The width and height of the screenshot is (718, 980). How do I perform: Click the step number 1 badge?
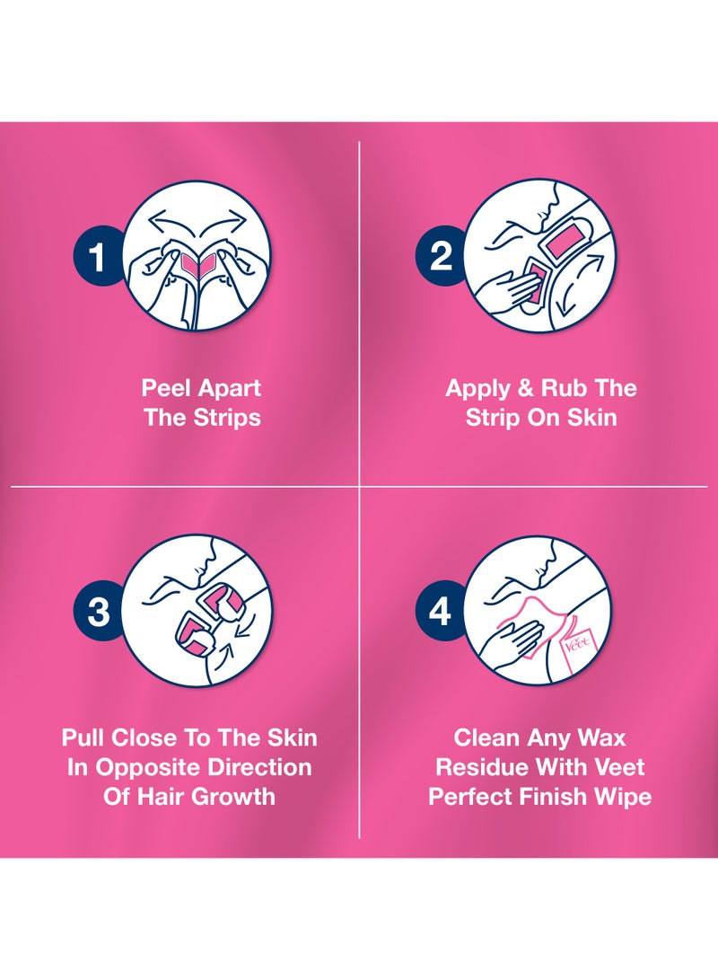[x=98, y=259]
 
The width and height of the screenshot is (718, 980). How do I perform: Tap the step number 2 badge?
[x=440, y=259]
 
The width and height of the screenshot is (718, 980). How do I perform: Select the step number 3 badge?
[x=98, y=612]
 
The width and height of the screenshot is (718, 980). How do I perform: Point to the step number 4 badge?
[x=440, y=612]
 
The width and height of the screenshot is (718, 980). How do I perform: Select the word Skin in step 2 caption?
[x=590, y=418]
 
